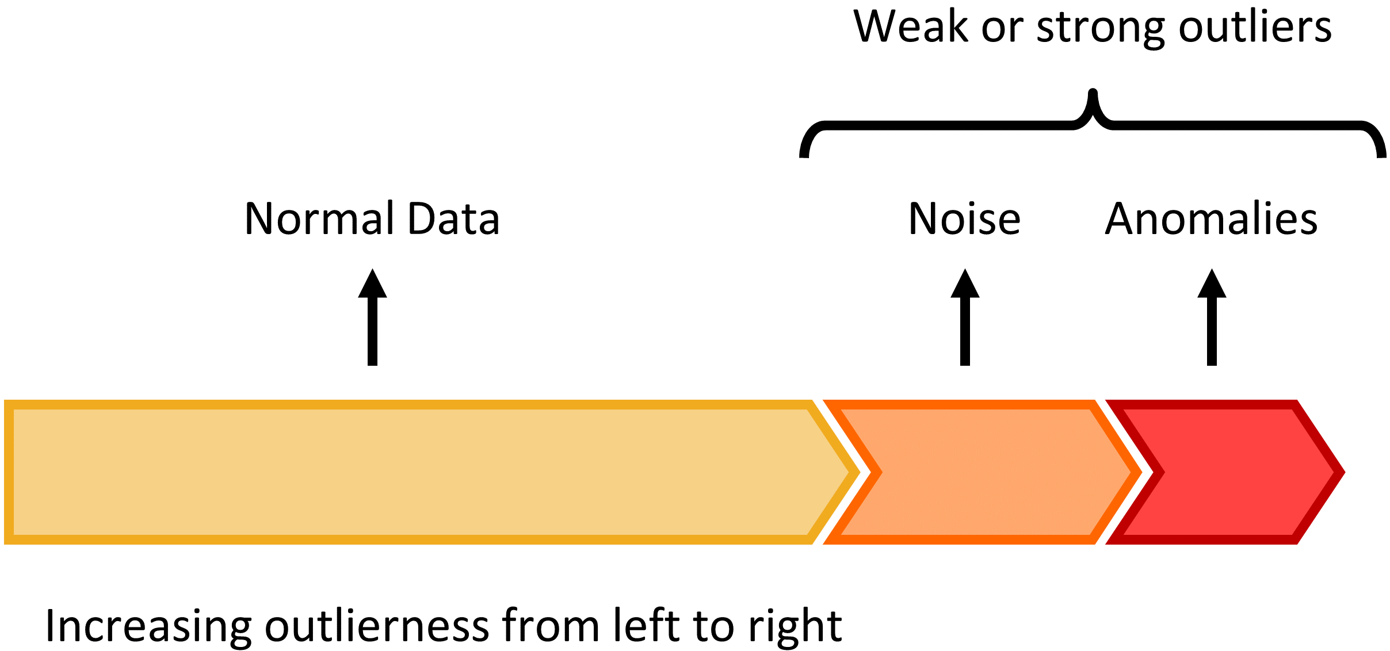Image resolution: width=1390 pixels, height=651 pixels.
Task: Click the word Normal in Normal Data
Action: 320,219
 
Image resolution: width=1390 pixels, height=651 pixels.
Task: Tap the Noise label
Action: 964,219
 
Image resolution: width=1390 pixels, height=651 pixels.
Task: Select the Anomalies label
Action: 1211,219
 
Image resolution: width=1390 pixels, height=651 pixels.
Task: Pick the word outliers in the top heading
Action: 1255,27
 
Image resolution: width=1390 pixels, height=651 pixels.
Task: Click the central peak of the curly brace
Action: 1093,95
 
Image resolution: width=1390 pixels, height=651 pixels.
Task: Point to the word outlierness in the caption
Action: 377,625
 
